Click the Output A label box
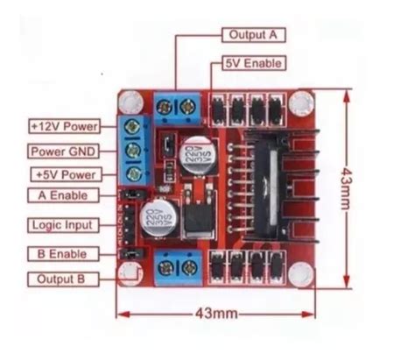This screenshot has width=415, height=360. tap(254, 35)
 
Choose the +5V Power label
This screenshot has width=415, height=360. tap(64, 174)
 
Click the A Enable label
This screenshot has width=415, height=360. tap(63, 195)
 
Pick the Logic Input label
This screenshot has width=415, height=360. tap(63, 224)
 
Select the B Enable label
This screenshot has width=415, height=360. tap(63, 253)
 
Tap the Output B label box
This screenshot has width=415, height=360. tap(63, 279)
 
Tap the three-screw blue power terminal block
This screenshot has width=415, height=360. tap(134, 150)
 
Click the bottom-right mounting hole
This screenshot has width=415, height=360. tap(300, 274)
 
